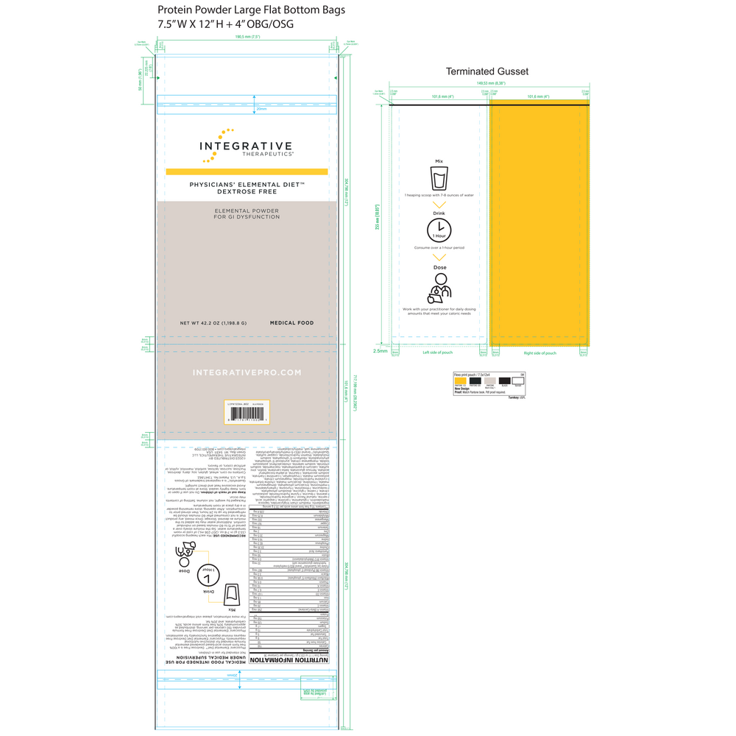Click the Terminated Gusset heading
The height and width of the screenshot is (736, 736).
[x=487, y=71]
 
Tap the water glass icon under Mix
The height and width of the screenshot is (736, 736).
[x=439, y=177]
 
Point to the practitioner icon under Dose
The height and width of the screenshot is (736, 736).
[x=439, y=288]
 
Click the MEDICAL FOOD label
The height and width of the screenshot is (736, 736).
[x=291, y=323]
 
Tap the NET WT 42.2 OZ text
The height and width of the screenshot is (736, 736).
[x=213, y=323]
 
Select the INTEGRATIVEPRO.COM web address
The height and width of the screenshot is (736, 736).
[x=247, y=372]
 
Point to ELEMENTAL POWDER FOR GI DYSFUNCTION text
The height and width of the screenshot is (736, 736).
[x=247, y=213]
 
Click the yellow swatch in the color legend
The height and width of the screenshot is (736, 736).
[x=460, y=381]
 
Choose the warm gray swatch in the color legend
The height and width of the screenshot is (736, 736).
[x=489, y=381]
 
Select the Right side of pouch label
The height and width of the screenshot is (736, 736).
[x=539, y=353]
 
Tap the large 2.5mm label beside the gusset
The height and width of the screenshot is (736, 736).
[x=381, y=351]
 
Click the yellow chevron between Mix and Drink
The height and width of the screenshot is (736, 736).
[x=439, y=205]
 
